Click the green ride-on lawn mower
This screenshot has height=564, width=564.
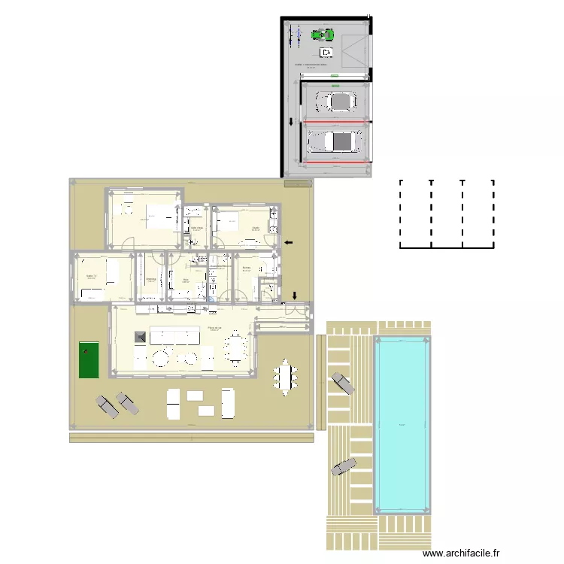(323, 34)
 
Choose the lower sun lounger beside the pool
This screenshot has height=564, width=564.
(344, 466)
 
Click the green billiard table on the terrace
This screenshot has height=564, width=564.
(88, 360)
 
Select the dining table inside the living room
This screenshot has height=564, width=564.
(237, 347)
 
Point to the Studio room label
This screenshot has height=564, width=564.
(256, 227)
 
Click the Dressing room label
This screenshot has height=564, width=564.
(150, 277)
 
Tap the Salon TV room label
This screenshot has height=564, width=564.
(93, 276)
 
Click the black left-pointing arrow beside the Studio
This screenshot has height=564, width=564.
(290, 242)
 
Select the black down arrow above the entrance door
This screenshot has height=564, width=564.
(295, 295)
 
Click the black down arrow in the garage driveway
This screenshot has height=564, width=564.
(292, 123)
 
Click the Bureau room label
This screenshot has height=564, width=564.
(246, 267)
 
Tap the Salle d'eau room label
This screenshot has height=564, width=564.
(197, 227)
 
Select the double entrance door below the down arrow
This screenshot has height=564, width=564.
(297, 308)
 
